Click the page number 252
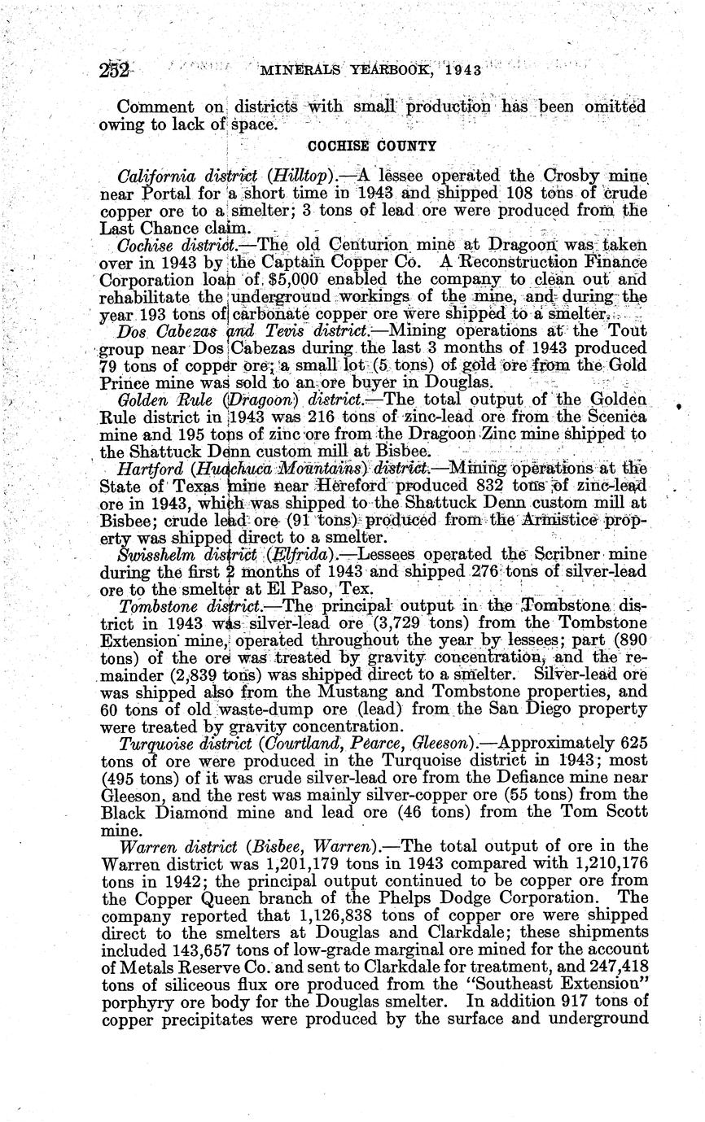(115, 70)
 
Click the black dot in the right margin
(678, 403)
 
